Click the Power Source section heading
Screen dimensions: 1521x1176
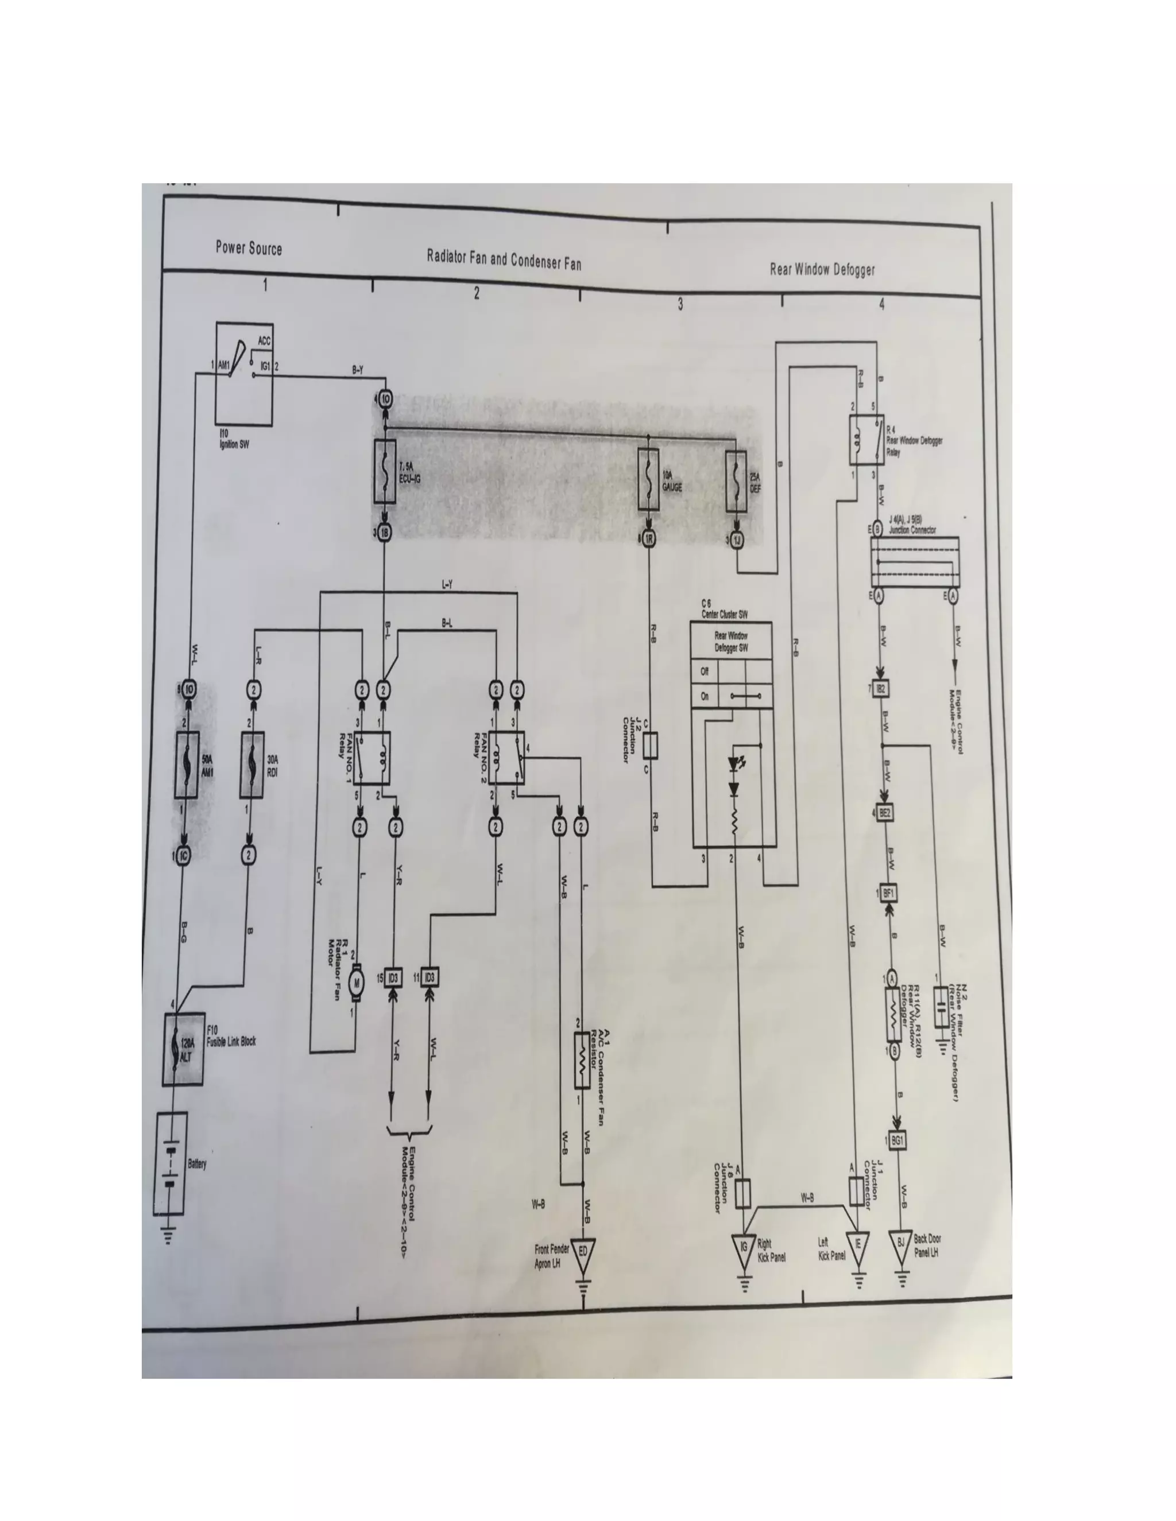tap(249, 248)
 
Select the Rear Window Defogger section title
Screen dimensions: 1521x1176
tap(822, 270)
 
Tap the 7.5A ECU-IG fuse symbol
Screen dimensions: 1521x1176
tap(385, 471)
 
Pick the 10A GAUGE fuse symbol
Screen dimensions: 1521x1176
tap(649, 479)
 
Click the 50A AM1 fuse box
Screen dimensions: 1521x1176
tap(187, 765)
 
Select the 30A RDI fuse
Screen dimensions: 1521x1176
tap(252, 765)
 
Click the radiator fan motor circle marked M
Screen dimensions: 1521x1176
tap(357, 983)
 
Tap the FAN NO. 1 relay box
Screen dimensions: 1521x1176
tap(372, 758)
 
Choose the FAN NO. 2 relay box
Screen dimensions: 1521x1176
tap(506, 758)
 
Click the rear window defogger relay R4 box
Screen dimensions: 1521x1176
tap(866, 440)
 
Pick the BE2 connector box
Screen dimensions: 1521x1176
tap(885, 813)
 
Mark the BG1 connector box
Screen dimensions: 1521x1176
tap(898, 1141)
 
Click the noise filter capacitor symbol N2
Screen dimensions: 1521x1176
tap(941, 1007)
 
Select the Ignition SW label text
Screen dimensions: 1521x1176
tap(234, 441)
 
